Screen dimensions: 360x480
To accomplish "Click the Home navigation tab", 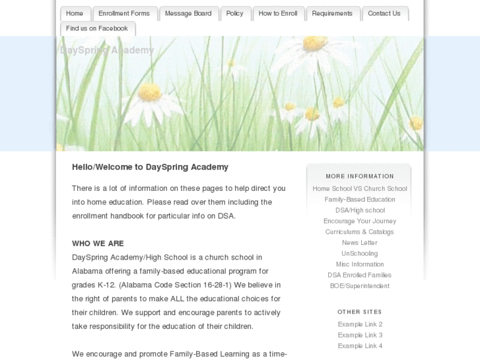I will (75, 13).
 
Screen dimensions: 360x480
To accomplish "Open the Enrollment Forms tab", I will (125, 13).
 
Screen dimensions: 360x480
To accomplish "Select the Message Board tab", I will (188, 13).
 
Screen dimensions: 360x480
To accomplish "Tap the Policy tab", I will (235, 13).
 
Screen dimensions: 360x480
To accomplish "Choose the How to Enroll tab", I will (278, 13).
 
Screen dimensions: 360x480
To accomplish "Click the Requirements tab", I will (332, 13).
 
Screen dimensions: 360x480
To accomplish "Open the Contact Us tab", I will (384, 13).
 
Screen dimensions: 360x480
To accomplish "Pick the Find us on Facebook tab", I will (97, 28).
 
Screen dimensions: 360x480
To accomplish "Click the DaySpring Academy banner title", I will (107, 50).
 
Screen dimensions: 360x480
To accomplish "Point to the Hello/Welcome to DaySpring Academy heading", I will (150, 167).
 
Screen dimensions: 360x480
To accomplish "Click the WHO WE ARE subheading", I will (98, 243).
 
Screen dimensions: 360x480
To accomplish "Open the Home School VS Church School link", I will (360, 188).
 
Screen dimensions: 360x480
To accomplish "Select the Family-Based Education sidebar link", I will (360, 199).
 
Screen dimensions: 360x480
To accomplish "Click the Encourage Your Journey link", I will (360, 221).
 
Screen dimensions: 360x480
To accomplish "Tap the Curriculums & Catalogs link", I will (360, 232).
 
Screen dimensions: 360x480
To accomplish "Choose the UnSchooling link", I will (360, 254).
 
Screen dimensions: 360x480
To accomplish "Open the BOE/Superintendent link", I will (360, 286).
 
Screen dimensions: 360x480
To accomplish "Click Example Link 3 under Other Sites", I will (360, 335).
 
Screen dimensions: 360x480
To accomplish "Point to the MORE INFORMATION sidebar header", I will (360, 176).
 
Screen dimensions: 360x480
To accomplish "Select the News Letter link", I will (360, 242).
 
